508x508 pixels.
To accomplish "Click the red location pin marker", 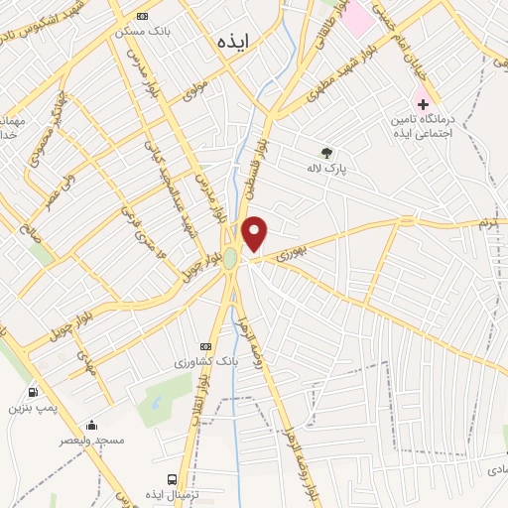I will pyautogui.click(x=255, y=233).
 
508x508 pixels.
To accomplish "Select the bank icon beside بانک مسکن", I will pyautogui.click(x=143, y=17).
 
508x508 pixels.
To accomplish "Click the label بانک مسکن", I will pyautogui.click(x=138, y=32).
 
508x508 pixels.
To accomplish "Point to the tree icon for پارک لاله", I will pyautogui.click(x=326, y=153).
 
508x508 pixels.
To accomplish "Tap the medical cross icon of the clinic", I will pyautogui.click(x=423, y=103).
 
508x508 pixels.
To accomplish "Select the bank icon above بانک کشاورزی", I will pyautogui.click(x=205, y=346).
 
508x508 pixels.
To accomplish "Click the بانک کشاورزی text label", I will pyautogui.click(x=202, y=361).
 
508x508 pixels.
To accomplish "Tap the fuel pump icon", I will pyautogui.click(x=35, y=392).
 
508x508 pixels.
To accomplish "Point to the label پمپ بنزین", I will pyautogui.click(x=31, y=408).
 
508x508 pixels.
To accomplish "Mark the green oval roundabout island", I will pyautogui.click(x=230, y=258).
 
